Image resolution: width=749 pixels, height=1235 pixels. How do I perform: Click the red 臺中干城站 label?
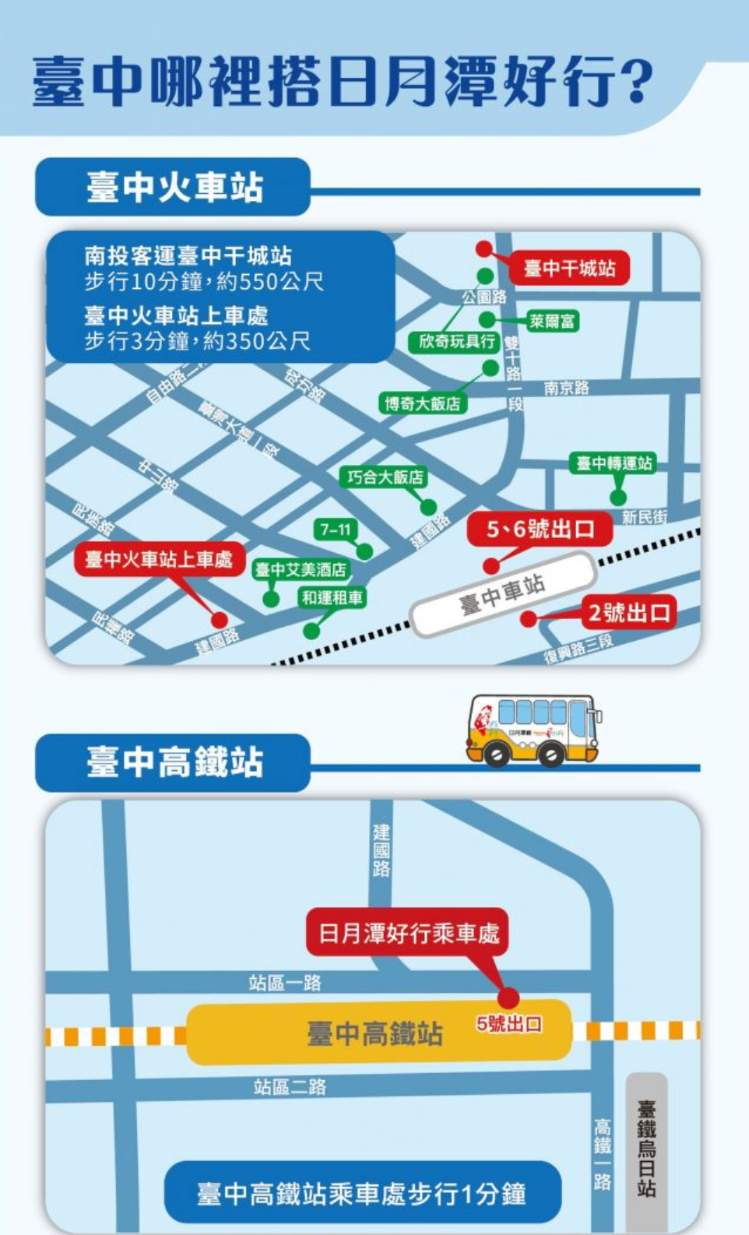tap(569, 269)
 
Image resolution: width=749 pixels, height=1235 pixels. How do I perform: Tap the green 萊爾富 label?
tap(552, 321)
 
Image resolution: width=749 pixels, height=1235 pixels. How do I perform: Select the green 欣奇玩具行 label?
tap(455, 342)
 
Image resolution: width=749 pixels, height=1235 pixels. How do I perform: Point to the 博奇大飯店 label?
tap(422, 403)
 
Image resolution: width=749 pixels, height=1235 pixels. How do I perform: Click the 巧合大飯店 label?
tap(384, 477)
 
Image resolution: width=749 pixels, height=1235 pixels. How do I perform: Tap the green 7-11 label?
tap(335, 530)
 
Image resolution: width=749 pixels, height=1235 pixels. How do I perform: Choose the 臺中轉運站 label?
tap(614, 463)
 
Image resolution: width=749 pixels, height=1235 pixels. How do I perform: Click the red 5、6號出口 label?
tap(540, 530)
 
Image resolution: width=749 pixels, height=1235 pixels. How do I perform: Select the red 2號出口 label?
tap(629, 613)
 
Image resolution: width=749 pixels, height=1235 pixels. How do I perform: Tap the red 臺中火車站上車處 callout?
tap(159, 559)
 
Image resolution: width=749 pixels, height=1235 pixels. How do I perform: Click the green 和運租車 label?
tap(332, 597)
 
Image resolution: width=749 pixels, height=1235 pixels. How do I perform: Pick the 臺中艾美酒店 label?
tap(301, 570)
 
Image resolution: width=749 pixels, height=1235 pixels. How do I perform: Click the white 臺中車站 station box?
tap(503, 593)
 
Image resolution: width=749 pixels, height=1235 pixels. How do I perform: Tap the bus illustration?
tap(533, 730)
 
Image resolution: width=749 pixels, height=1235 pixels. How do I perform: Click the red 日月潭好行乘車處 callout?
tap(407, 932)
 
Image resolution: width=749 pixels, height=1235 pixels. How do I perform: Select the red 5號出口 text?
tap(509, 1024)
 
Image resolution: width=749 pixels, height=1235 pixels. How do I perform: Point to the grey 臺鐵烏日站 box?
tap(646, 1149)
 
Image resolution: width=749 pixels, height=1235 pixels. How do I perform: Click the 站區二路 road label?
tap(290, 1086)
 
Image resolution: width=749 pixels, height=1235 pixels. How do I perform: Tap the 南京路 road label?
tap(566, 388)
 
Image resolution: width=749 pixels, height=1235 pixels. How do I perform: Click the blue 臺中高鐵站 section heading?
tap(173, 762)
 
